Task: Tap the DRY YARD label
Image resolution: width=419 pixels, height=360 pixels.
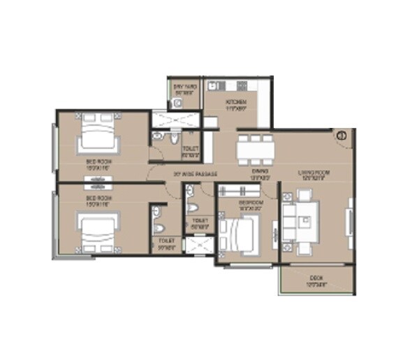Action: (185, 87)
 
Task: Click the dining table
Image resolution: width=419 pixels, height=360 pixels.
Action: (253, 148)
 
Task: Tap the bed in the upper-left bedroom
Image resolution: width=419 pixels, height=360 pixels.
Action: (97, 133)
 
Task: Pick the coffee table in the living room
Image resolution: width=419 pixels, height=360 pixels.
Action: (304, 221)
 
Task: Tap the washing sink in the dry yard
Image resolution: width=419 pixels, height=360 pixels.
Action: (178, 103)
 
